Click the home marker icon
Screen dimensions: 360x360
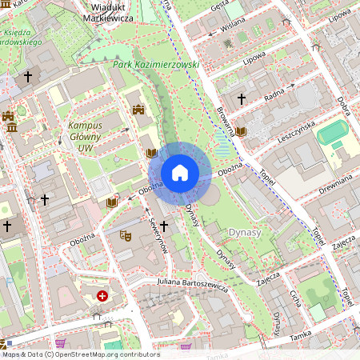pos(180,173)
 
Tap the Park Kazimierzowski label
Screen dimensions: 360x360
pos(156,64)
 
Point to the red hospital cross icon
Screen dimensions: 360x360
pos(102,296)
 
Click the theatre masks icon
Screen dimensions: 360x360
pos(125,235)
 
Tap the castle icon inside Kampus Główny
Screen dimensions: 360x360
pos(138,110)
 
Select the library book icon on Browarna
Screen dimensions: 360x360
pos(240,131)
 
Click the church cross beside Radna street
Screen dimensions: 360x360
pos(241,98)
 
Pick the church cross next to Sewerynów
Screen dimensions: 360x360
pos(163,226)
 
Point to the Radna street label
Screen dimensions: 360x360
pos(274,94)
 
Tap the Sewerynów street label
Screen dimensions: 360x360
pos(158,236)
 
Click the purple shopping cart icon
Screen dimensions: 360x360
pos(186,348)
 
